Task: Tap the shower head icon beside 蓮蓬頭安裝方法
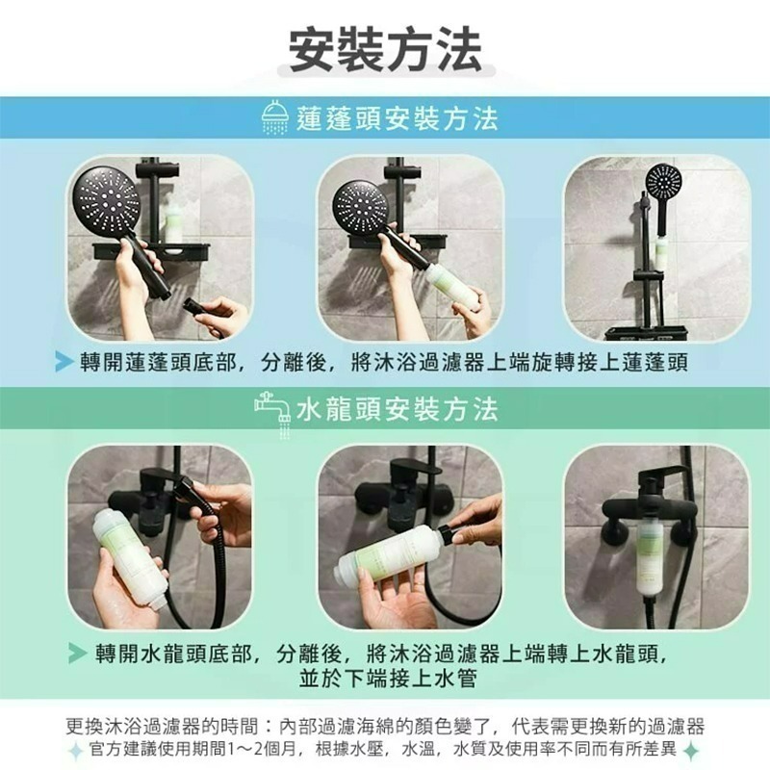click(x=274, y=119)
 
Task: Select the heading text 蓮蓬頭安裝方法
click(x=397, y=119)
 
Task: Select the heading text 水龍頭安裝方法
click(x=397, y=411)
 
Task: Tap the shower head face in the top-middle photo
click(x=360, y=204)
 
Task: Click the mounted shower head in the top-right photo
click(x=663, y=182)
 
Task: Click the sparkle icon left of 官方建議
click(x=75, y=750)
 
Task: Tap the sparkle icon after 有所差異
click(x=687, y=750)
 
